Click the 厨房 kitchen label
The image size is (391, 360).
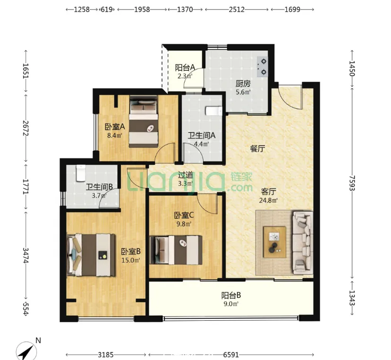[243, 83]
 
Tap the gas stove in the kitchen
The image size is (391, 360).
[263, 67]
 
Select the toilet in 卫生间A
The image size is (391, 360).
[214, 111]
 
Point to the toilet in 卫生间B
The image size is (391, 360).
[81, 172]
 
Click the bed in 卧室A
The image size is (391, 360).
[144, 121]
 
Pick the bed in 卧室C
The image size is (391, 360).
[176, 250]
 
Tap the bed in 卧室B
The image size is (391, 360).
[91, 255]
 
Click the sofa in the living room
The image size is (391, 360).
[303, 243]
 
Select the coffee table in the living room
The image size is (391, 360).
[275, 242]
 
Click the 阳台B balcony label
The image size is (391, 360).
[231, 295]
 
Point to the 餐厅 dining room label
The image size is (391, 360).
[257, 149]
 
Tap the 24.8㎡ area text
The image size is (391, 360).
[268, 200]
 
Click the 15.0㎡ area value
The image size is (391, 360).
[131, 260]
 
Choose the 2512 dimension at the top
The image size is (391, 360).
[237, 9]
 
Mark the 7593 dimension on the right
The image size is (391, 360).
[352, 183]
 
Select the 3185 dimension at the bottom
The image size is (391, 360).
[106, 354]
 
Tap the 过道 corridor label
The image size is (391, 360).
[186, 175]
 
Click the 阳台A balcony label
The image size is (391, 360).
[185, 68]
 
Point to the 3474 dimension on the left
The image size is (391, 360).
[25, 255]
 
